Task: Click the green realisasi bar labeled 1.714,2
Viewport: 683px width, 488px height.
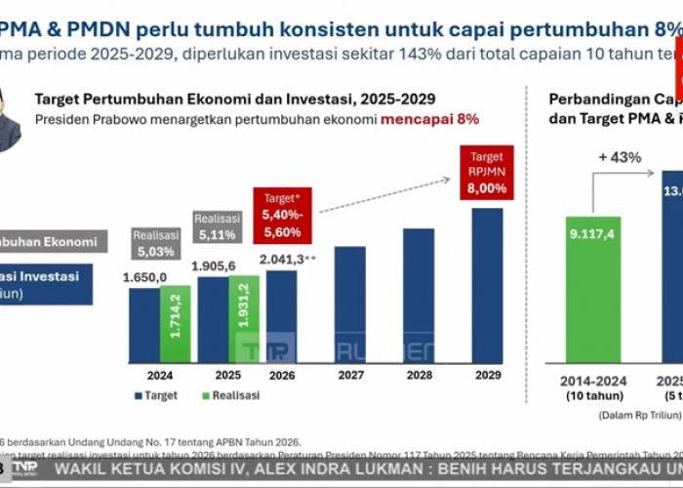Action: (x=175, y=322)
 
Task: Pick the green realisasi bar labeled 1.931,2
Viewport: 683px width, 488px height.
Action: (x=242, y=317)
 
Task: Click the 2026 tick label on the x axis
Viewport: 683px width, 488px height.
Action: (x=283, y=376)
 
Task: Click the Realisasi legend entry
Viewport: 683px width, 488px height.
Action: (x=226, y=395)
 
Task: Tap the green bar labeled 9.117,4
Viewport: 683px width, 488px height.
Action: (x=592, y=291)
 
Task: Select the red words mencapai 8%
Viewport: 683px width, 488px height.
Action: (x=429, y=119)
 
